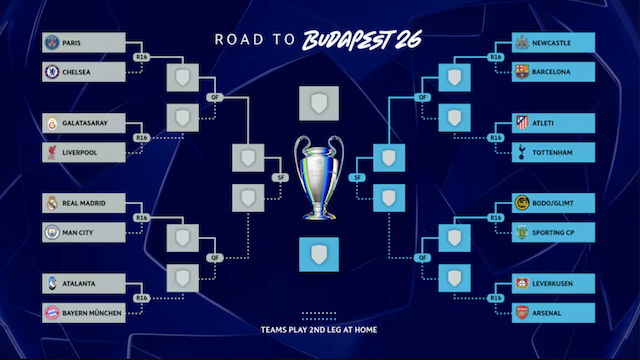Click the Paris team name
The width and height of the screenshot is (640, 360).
73,43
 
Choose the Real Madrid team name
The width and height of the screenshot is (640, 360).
84,204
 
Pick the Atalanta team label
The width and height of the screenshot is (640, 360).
79,284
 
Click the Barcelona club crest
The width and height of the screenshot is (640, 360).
520,72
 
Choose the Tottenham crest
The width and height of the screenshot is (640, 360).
520,152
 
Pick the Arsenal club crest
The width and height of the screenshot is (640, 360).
520,314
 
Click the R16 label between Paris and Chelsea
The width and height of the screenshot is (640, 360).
141,58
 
